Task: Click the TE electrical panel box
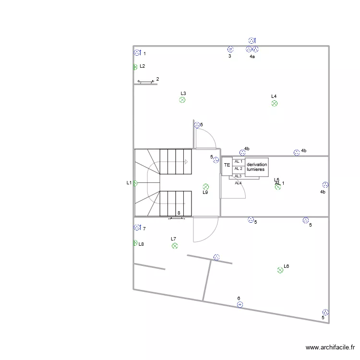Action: pyautogui.click(x=227, y=166)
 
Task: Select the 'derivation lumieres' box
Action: pyautogui.click(x=257, y=167)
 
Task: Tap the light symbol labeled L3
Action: pyautogui.click(x=182, y=100)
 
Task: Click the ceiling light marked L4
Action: pyautogui.click(x=275, y=103)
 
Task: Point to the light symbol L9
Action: pyautogui.click(x=206, y=187)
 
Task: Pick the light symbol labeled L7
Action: pyautogui.click(x=175, y=246)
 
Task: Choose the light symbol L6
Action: pyautogui.click(x=280, y=270)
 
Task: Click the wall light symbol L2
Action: pyautogui.click(x=135, y=67)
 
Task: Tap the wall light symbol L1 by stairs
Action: pyautogui.click(x=135, y=183)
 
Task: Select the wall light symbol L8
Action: pyautogui.click(x=135, y=243)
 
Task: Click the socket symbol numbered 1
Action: pyautogui.click(x=137, y=53)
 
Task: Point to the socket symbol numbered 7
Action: pyautogui.click(x=137, y=228)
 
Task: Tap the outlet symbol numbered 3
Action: pyautogui.click(x=230, y=49)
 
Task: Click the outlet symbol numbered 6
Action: pyautogui.click(x=240, y=304)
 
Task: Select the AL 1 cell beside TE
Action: pyautogui.click(x=239, y=162)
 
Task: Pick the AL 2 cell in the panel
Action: pyautogui.click(x=239, y=169)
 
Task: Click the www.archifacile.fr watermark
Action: pyautogui.click(x=330, y=348)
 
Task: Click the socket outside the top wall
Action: pyautogui.click(x=252, y=41)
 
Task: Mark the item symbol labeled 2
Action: pyautogui.click(x=145, y=81)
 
